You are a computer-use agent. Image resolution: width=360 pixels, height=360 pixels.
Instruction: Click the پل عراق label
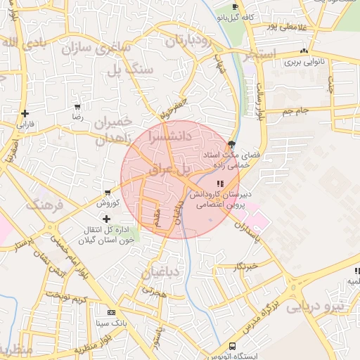coord(170,169)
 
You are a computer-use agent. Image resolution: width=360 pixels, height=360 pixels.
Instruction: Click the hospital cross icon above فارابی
coord(25,113)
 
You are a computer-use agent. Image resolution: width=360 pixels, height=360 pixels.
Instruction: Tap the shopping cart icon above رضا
coord(77,108)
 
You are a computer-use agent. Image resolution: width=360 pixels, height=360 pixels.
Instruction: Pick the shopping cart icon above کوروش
coord(107,193)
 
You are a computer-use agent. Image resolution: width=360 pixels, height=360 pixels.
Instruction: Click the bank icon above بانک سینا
coord(110,312)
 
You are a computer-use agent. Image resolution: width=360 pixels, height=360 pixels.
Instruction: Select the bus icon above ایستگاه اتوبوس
coord(232,346)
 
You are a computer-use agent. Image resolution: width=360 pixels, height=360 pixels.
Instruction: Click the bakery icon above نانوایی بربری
coord(304,51)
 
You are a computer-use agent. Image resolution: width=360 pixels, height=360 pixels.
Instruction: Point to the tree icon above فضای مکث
coord(231,143)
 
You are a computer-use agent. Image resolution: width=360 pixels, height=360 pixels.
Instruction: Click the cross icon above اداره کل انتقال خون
coord(107,219)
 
